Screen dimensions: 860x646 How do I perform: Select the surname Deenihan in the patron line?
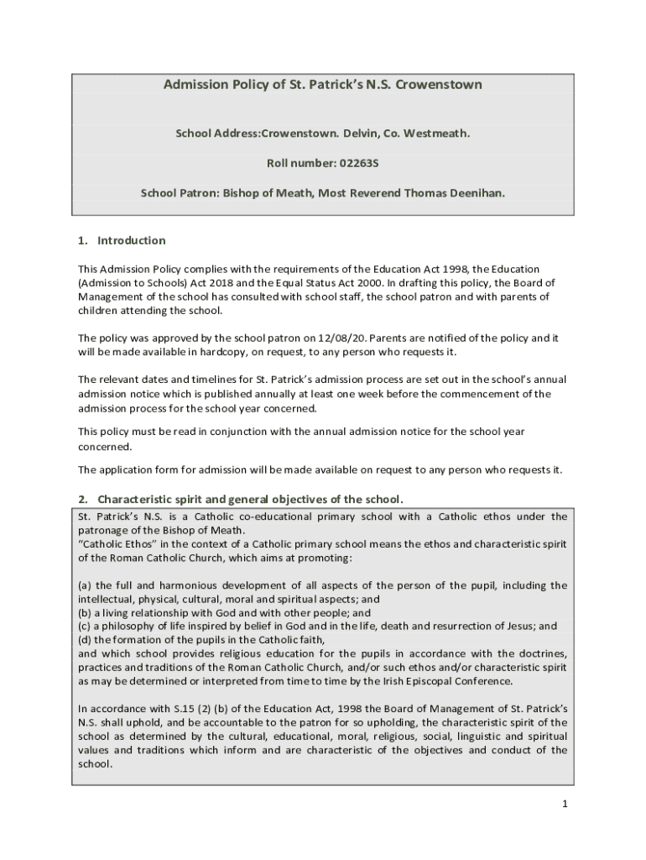(x=476, y=192)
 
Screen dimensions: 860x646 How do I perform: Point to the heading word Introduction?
(x=132, y=241)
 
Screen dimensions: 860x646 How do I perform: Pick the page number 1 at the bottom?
(x=565, y=804)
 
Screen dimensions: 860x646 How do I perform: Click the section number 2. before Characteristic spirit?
(x=83, y=500)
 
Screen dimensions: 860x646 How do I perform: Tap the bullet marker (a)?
(x=85, y=585)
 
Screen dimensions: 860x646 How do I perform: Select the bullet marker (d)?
(x=85, y=640)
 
